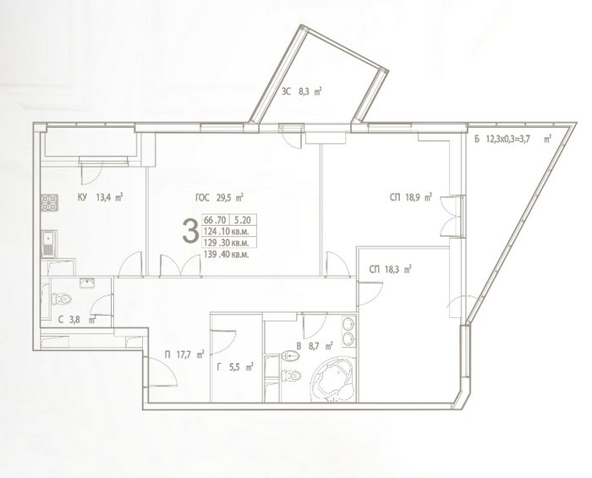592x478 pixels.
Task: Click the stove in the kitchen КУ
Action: (49, 202)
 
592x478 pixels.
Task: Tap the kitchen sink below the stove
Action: (49, 244)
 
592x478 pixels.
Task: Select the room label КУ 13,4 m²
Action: (101, 197)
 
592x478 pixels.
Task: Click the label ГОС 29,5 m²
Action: (219, 197)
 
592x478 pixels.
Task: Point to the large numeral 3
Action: (190, 232)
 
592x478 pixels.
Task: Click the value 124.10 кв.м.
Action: (226, 231)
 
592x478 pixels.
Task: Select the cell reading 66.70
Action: (215, 220)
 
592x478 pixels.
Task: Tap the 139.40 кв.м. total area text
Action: (226, 255)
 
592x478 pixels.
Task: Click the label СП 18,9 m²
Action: (411, 197)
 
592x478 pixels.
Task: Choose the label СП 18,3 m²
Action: (390, 270)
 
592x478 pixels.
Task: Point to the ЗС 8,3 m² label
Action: (301, 91)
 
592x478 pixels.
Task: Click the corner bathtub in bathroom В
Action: (333, 380)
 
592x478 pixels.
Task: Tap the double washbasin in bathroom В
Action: (348, 331)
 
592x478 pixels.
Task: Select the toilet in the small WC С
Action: (62, 299)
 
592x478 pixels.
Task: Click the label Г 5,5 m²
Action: (234, 366)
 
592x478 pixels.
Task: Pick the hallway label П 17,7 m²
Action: (184, 354)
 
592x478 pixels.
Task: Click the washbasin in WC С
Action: (88, 283)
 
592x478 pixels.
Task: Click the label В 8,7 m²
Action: (314, 345)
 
